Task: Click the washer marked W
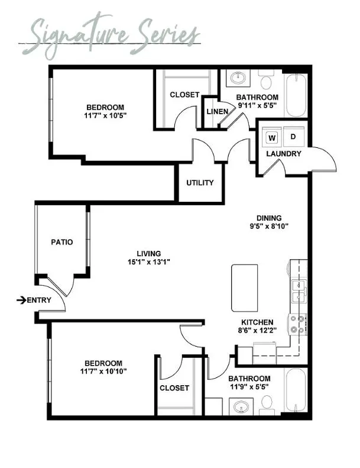pyautogui.click(x=272, y=138)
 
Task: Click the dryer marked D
pyautogui.click(x=293, y=137)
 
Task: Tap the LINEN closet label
pyautogui.click(x=218, y=111)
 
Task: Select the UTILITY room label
pyautogui.click(x=200, y=183)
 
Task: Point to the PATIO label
pyautogui.click(x=61, y=242)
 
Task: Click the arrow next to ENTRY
pyautogui.click(x=21, y=300)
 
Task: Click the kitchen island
pyautogui.click(x=245, y=288)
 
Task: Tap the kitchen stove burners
pyautogui.click(x=298, y=324)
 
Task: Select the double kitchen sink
pyautogui.click(x=299, y=292)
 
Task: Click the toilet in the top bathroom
pyautogui.click(x=265, y=79)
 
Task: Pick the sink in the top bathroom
pyautogui.click(x=238, y=79)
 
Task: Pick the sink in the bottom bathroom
pyautogui.click(x=241, y=406)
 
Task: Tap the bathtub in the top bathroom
pyautogui.click(x=296, y=95)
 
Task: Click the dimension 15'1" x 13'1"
pyautogui.click(x=149, y=262)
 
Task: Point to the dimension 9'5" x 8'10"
pyautogui.click(x=269, y=226)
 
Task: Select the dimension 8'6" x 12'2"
pyautogui.click(x=257, y=330)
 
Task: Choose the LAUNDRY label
pyautogui.click(x=284, y=154)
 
